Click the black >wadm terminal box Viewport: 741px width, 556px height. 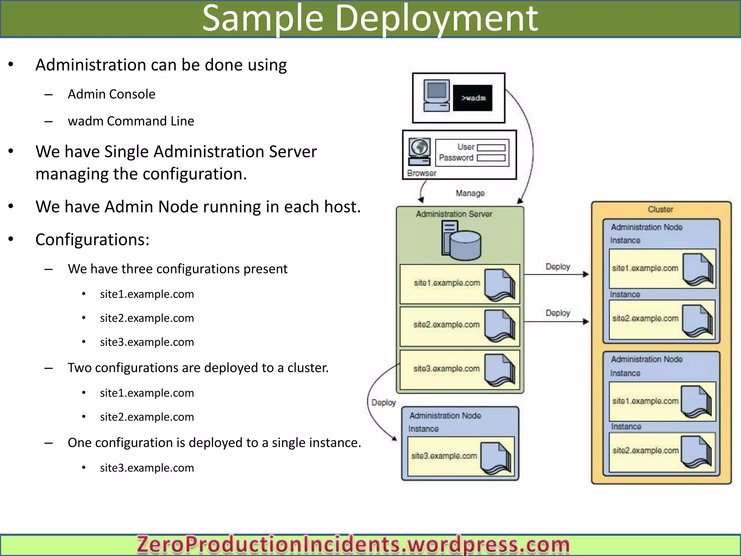point(473,98)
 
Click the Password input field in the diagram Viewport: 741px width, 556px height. point(491,158)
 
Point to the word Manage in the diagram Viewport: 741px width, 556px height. point(470,193)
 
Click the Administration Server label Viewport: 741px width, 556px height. point(454,214)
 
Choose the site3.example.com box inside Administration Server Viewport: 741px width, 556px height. point(460,370)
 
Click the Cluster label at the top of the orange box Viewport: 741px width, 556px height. point(660,209)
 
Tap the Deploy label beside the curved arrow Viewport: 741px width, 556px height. point(384,403)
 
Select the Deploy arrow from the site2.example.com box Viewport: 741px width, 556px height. point(556,321)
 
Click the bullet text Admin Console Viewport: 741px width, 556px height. point(111,94)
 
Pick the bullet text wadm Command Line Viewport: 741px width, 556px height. point(131,121)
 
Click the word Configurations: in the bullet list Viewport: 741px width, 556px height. point(92,240)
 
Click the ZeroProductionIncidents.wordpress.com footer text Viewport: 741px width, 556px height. point(353,544)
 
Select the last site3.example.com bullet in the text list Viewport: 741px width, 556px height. point(147,468)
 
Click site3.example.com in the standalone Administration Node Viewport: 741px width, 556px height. point(444,456)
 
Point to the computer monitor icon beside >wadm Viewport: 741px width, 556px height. point(437,95)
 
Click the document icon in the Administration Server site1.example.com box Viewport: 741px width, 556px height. point(500,285)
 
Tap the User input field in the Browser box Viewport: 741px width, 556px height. point(491,147)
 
